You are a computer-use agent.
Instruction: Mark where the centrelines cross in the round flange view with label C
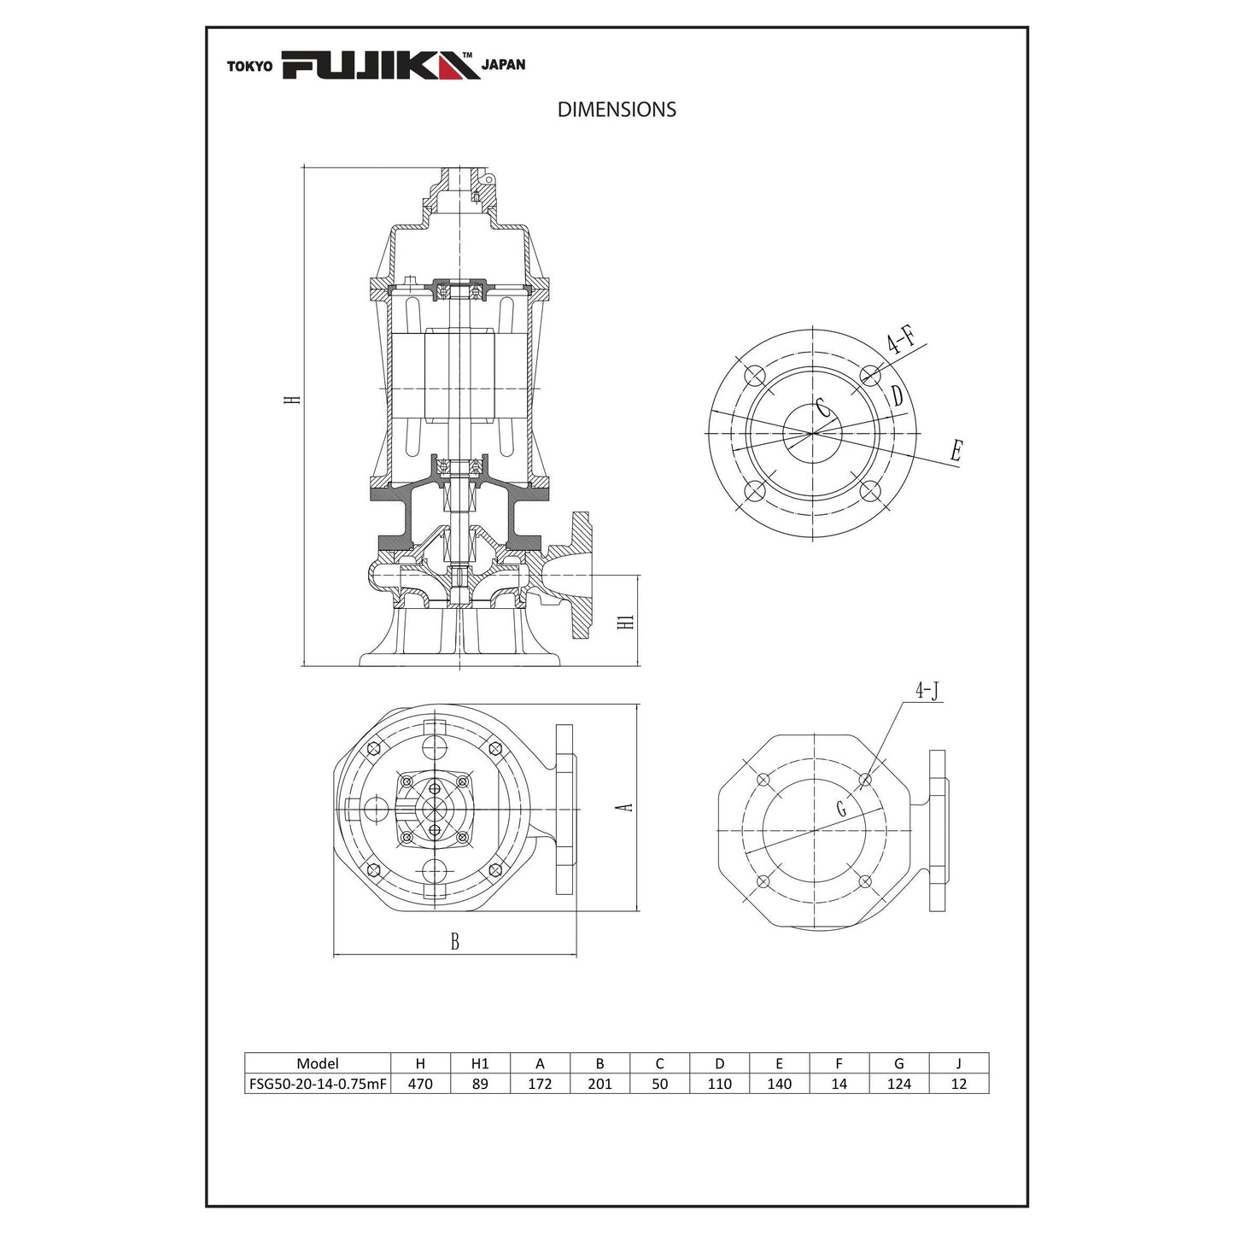813,434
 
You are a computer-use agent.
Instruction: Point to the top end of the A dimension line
638,705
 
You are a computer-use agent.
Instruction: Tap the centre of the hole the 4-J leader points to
866,780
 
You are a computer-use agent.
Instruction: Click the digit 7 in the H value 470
420,1084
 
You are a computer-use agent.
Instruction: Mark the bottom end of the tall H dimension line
303,666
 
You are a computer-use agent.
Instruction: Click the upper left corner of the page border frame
206,26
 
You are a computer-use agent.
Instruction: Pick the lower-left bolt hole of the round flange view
755,491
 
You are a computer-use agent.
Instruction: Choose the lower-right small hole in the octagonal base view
865,881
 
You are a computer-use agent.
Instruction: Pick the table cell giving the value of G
899,1084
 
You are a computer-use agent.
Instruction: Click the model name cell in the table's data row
318,1084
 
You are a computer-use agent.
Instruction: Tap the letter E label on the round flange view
956,451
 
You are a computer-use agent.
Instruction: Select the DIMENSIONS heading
617,109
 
